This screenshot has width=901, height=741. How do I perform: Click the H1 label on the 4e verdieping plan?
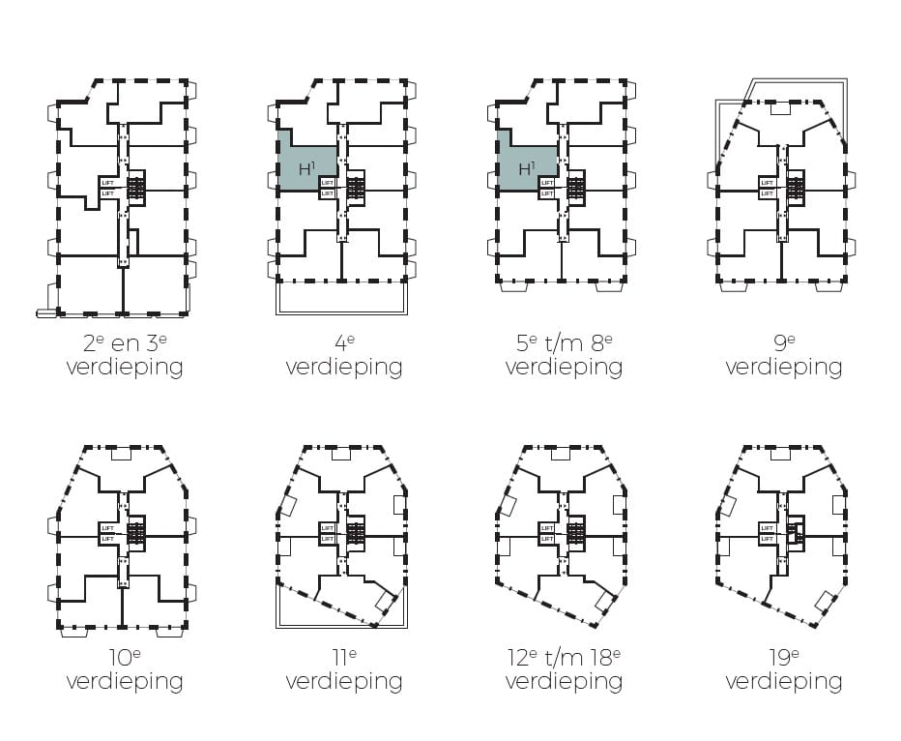click(x=306, y=168)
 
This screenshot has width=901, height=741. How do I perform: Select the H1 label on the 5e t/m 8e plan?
click(x=526, y=168)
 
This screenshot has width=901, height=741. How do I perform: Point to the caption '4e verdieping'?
click(x=344, y=355)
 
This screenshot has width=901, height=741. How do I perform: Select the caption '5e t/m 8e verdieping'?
click(x=564, y=355)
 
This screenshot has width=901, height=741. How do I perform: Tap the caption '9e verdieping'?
click(x=783, y=355)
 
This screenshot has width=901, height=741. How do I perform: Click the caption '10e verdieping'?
click(x=124, y=669)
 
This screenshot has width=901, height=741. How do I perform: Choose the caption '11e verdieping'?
click(x=344, y=669)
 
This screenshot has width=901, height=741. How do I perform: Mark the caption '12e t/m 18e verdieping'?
click(x=564, y=669)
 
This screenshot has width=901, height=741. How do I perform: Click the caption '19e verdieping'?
click(x=783, y=669)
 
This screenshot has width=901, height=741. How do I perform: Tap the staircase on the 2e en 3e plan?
click(x=135, y=188)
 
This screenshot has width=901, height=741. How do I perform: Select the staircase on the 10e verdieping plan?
click(x=135, y=532)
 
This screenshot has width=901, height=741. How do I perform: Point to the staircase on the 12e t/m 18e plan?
click(x=576, y=532)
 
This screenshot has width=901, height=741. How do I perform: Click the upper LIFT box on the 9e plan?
click(x=768, y=182)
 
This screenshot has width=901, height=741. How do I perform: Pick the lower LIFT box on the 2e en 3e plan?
click(x=107, y=193)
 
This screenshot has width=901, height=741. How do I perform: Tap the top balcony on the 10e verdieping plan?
click(x=122, y=455)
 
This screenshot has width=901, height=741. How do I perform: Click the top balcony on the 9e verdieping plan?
click(x=780, y=110)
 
